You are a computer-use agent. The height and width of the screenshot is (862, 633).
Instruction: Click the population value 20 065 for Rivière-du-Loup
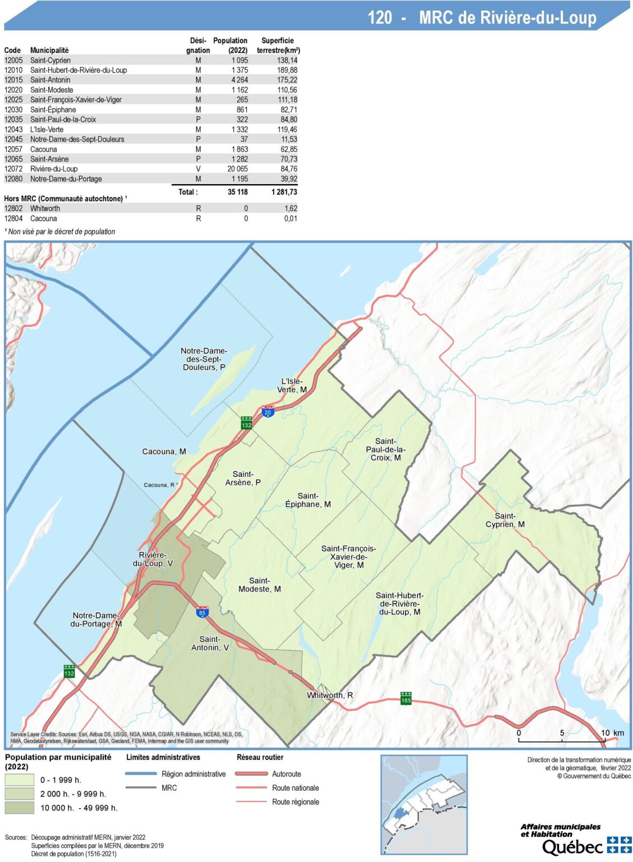tap(237, 169)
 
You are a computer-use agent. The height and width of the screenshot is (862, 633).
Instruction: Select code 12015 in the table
tap(13, 80)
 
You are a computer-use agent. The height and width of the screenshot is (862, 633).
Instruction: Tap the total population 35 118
tap(237, 192)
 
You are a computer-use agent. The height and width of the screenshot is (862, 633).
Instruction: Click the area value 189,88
tap(287, 70)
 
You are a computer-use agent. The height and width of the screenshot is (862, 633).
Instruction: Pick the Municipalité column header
tap(49, 50)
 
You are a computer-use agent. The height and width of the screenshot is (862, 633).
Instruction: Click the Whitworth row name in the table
tap(45, 208)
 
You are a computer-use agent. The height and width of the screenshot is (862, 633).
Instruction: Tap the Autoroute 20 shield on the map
tap(268, 411)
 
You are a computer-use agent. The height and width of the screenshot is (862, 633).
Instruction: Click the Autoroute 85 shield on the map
tap(203, 612)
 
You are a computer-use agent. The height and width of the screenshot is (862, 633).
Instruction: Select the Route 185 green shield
tap(406, 699)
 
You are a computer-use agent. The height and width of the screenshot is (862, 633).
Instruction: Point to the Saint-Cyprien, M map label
tap(505, 520)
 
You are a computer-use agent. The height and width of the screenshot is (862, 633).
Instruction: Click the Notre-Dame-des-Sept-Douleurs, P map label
tap(204, 359)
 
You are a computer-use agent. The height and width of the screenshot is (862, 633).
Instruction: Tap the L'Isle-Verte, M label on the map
tap(292, 386)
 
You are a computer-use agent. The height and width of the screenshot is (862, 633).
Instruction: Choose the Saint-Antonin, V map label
tap(210, 643)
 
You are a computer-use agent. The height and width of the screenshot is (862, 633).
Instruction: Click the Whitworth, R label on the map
tap(330, 695)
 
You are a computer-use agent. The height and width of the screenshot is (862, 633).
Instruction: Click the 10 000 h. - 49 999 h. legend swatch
tap(20, 808)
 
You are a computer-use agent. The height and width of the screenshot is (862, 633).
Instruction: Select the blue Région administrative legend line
tap(141, 774)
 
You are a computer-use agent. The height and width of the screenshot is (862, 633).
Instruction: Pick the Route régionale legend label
tap(295, 802)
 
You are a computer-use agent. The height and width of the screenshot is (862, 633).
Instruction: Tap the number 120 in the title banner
tap(379, 18)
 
